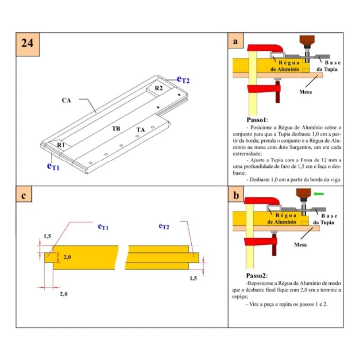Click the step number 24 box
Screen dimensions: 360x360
(x=28, y=44)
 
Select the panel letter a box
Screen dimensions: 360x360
(x=235, y=41)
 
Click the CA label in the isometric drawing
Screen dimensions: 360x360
(x=67, y=100)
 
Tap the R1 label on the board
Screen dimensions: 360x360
(x=61, y=145)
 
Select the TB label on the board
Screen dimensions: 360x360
(x=116, y=129)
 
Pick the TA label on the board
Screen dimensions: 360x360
(x=141, y=130)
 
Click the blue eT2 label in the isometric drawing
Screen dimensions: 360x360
(x=183, y=80)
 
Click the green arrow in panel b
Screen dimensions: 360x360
(x=319, y=194)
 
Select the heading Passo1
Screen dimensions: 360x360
(x=257, y=120)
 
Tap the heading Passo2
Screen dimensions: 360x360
(x=257, y=275)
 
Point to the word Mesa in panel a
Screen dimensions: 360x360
(x=306, y=92)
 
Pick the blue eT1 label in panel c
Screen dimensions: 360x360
(x=103, y=227)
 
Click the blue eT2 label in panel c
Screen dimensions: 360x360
(x=164, y=226)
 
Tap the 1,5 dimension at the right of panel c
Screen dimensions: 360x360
(x=193, y=278)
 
